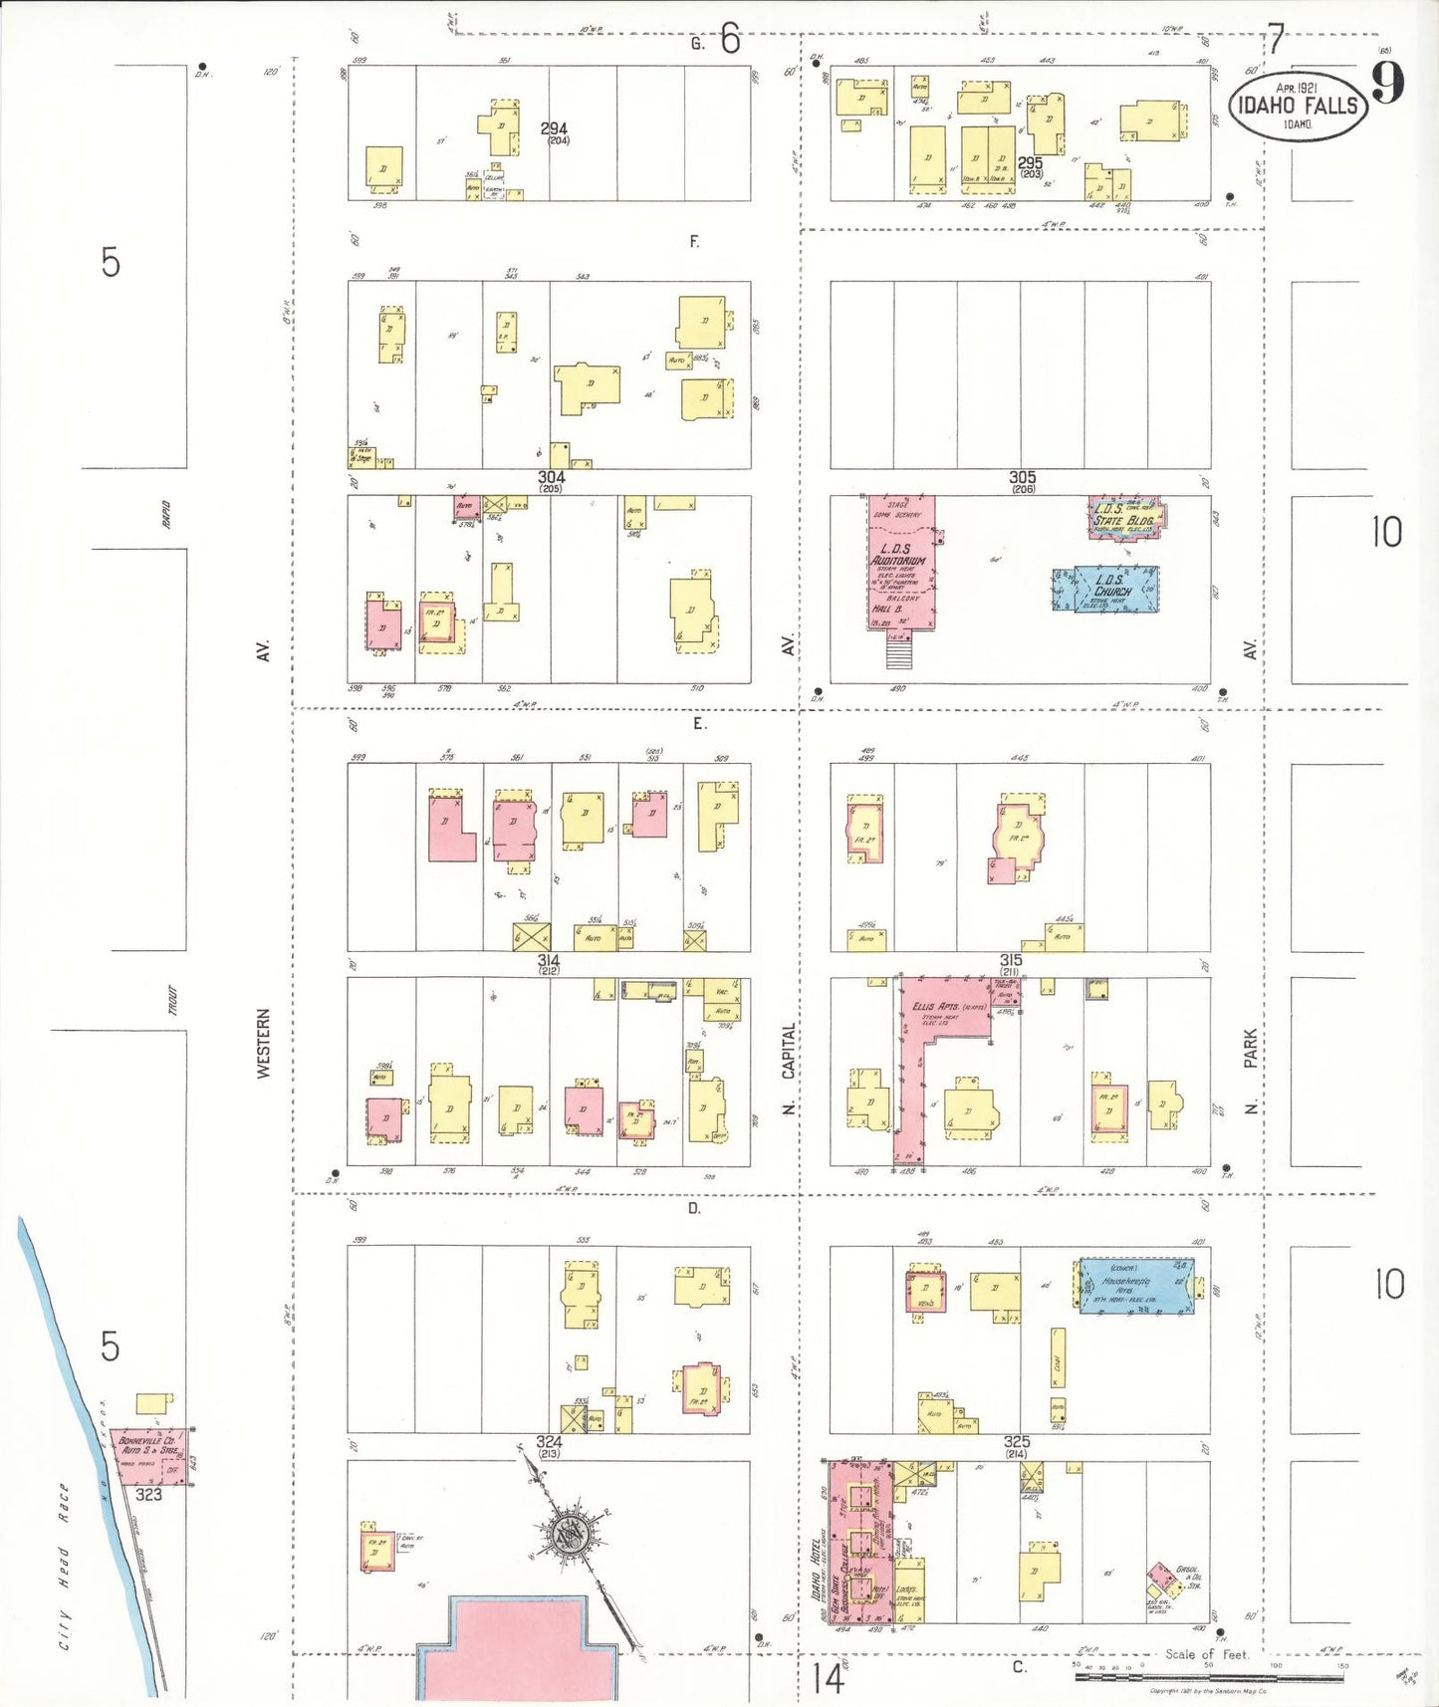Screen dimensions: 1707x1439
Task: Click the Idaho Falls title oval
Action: click(x=1298, y=105)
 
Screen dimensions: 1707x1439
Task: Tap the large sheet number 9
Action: click(x=1387, y=83)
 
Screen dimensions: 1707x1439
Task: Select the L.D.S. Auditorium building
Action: click(x=900, y=564)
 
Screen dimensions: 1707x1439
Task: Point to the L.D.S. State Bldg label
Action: click(x=1124, y=518)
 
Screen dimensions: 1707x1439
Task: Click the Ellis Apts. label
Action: click(x=935, y=1007)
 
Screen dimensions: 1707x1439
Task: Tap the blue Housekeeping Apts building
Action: click(x=1136, y=1289)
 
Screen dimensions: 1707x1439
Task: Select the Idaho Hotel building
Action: click(x=857, y=1543)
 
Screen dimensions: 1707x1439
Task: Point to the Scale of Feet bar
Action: click(x=1209, y=1676)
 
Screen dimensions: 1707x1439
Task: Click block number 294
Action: click(x=554, y=128)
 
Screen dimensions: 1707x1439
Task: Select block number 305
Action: click(x=1022, y=478)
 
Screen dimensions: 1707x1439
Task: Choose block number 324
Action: click(x=549, y=1441)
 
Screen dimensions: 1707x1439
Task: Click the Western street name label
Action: click(x=264, y=1043)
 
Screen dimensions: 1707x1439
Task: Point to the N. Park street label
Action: click(x=1250, y=1070)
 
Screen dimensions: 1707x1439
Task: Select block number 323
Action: click(x=148, y=1494)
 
